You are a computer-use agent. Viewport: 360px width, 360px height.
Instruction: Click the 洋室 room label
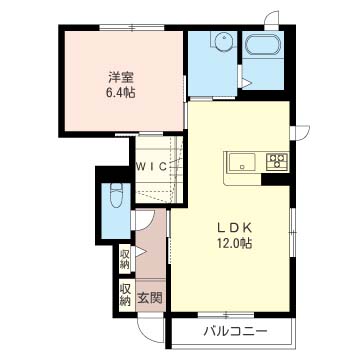coord(121,78)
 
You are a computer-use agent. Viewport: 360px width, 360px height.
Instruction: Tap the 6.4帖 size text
coord(121,92)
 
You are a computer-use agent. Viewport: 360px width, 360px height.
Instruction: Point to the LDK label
coord(234,228)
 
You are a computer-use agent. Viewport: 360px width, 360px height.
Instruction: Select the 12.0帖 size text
coord(234,243)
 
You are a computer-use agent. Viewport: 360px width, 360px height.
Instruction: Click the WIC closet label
coord(152,166)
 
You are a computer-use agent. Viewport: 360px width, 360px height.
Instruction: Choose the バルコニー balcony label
coord(236,331)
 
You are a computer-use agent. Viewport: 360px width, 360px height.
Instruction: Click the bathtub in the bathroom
coord(263,44)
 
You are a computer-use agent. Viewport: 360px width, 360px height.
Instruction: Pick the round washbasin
coord(223,42)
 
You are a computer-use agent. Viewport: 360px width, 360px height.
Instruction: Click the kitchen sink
coord(242,162)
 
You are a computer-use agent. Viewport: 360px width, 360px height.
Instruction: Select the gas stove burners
coord(277,161)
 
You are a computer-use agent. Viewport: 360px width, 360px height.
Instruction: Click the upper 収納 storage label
coord(126,259)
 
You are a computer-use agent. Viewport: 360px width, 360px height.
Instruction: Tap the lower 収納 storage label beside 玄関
coord(126,295)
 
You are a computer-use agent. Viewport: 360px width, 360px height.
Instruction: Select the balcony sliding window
coord(226,315)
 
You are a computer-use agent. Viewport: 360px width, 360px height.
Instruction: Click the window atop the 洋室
coord(132,27)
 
